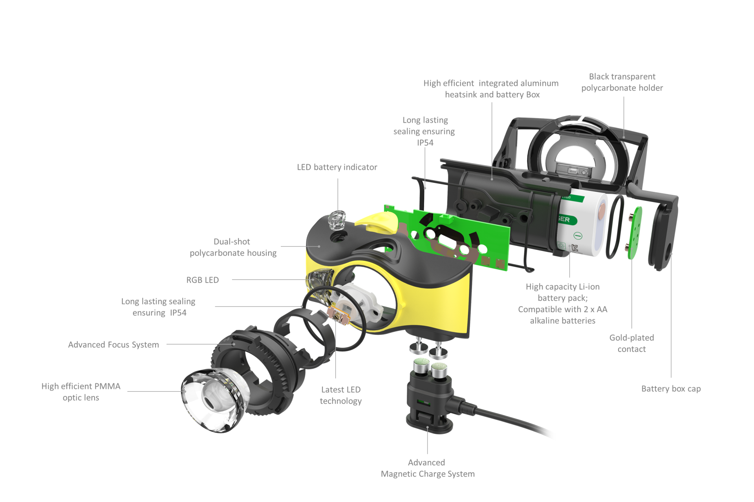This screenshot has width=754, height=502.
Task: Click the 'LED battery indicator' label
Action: (x=337, y=167)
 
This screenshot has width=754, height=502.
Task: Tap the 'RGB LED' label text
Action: (x=202, y=280)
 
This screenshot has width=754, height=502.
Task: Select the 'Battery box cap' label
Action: (x=671, y=389)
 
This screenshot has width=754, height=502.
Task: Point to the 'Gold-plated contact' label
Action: (x=631, y=343)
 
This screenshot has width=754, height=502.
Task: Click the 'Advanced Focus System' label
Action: (x=113, y=345)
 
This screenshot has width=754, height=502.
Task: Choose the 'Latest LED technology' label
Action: (x=340, y=395)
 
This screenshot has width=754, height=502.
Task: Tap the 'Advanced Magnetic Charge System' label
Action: (x=428, y=468)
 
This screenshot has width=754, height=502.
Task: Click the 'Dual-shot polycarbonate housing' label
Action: (x=233, y=247)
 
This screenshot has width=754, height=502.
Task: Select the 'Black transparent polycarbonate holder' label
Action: (x=622, y=82)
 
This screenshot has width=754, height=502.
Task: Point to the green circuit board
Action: (x=448, y=238)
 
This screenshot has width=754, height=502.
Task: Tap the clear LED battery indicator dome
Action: (x=337, y=220)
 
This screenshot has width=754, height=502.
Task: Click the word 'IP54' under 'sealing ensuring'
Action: (x=425, y=143)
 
